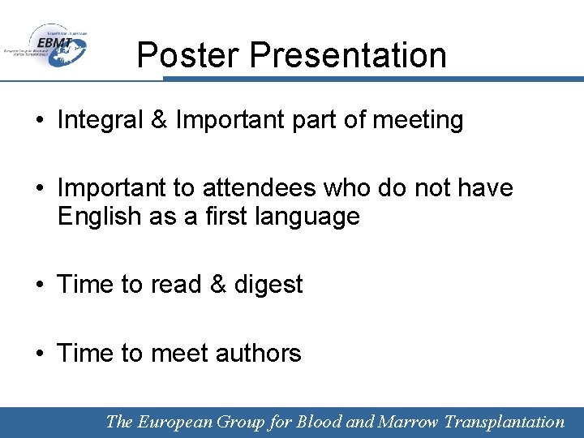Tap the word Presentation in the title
pyautogui.click(x=349, y=55)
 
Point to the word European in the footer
pyautogui.click(x=176, y=422)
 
